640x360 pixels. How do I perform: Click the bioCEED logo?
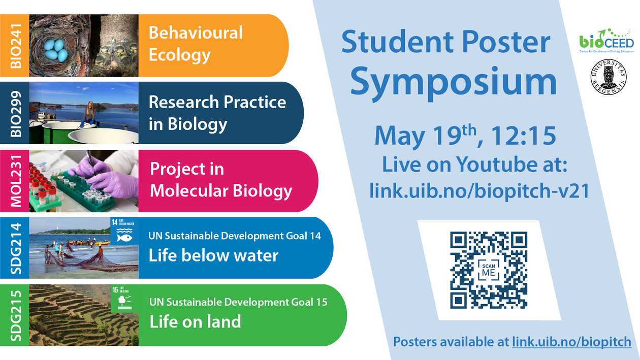pyautogui.click(x=606, y=41)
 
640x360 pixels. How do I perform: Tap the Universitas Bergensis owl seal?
pyautogui.click(x=609, y=77)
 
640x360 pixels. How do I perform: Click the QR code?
pyautogui.click(x=489, y=270)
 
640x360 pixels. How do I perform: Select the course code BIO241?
pyautogui.click(x=16, y=46)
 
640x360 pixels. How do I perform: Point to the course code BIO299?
pyautogui.click(x=16, y=113)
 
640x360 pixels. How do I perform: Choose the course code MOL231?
pyautogui.click(x=16, y=181)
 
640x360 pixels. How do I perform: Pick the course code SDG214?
pyautogui.click(x=16, y=248)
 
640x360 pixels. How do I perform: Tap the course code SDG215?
pyautogui.click(x=16, y=315)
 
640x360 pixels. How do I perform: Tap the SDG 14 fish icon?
pyautogui.click(x=124, y=238)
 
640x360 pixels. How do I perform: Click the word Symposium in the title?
pyautogui.click(x=454, y=81)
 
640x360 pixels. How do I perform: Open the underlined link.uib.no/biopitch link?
pyautogui.click(x=571, y=342)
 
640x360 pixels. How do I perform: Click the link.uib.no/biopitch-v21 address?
pyautogui.click(x=479, y=191)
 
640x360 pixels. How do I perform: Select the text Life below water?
pyautogui.click(x=213, y=255)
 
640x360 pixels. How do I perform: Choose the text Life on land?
pyautogui.click(x=195, y=321)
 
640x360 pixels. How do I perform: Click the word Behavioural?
pyautogui.click(x=196, y=32)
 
